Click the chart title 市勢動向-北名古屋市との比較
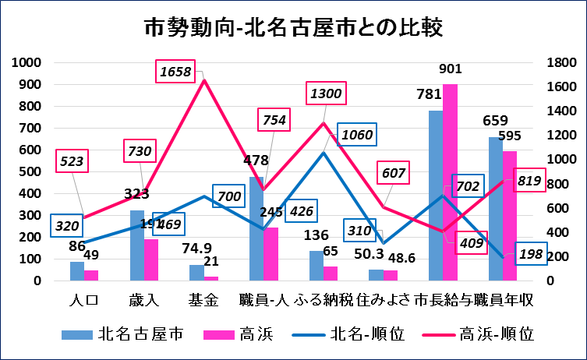293,28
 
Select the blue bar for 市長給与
435,195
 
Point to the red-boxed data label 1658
175,72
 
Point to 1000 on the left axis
34,62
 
